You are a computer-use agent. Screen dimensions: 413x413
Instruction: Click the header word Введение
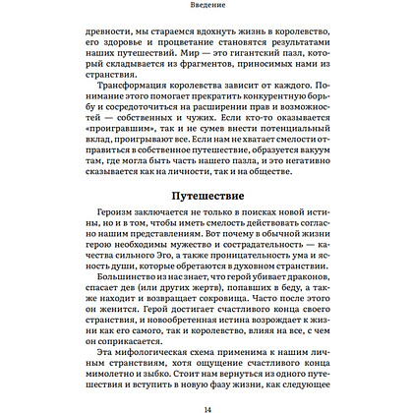coord(206,5)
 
